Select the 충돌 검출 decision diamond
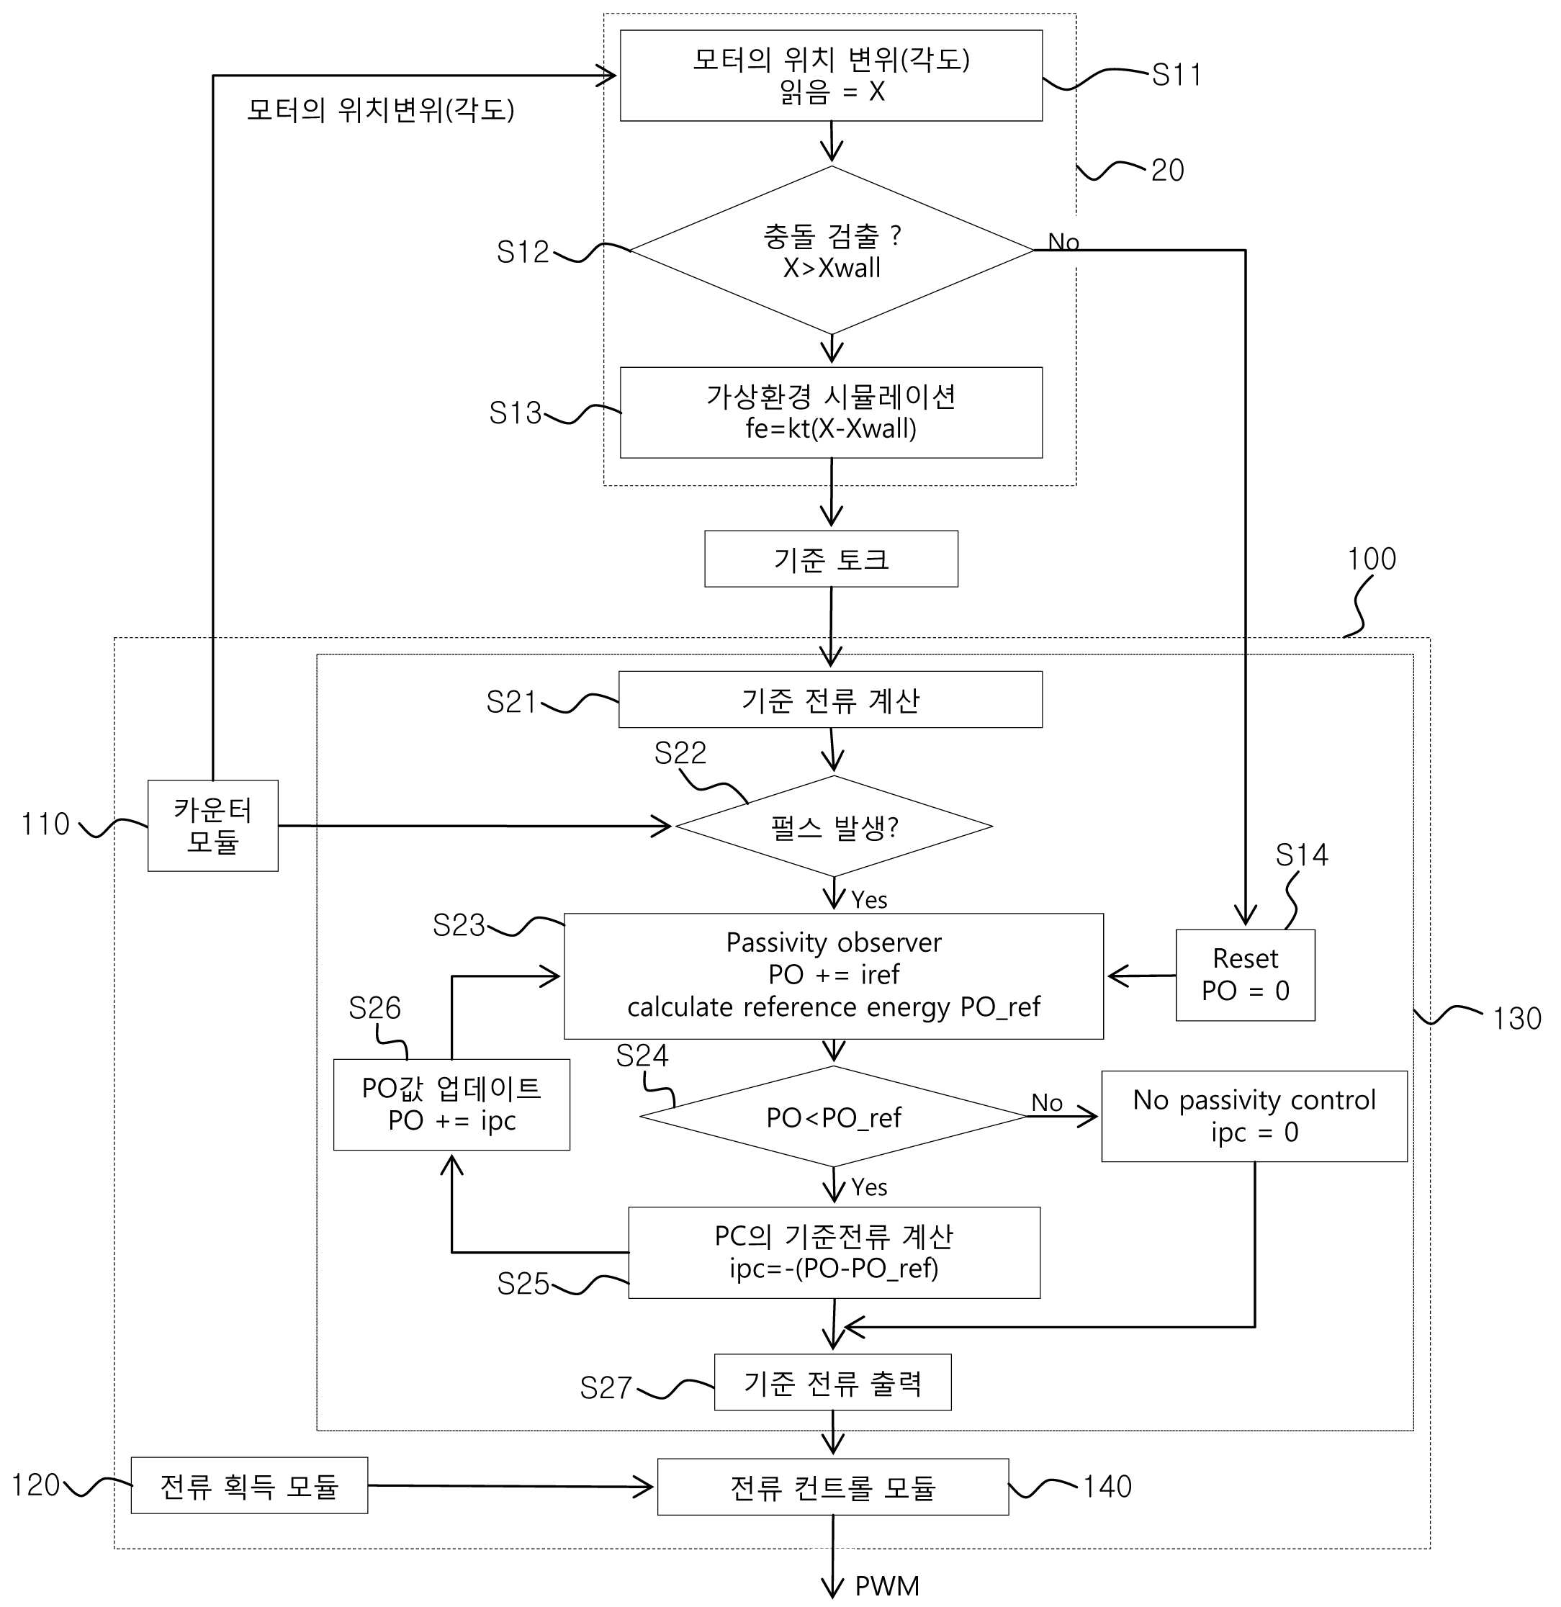coord(832,250)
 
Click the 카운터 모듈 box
coord(212,825)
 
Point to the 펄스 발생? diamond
coord(833,826)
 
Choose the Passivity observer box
coord(833,976)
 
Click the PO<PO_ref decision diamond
coord(833,1116)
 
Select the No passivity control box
coord(1254,1116)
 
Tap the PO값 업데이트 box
coord(451,1104)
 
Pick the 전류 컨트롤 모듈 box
coord(832,1487)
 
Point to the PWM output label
coord(887,1585)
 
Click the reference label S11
coord(1177,75)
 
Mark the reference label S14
coord(1301,855)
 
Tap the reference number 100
coord(1372,559)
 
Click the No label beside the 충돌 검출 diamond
coord(1063,242)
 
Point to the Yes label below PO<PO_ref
coord(869,1187)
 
